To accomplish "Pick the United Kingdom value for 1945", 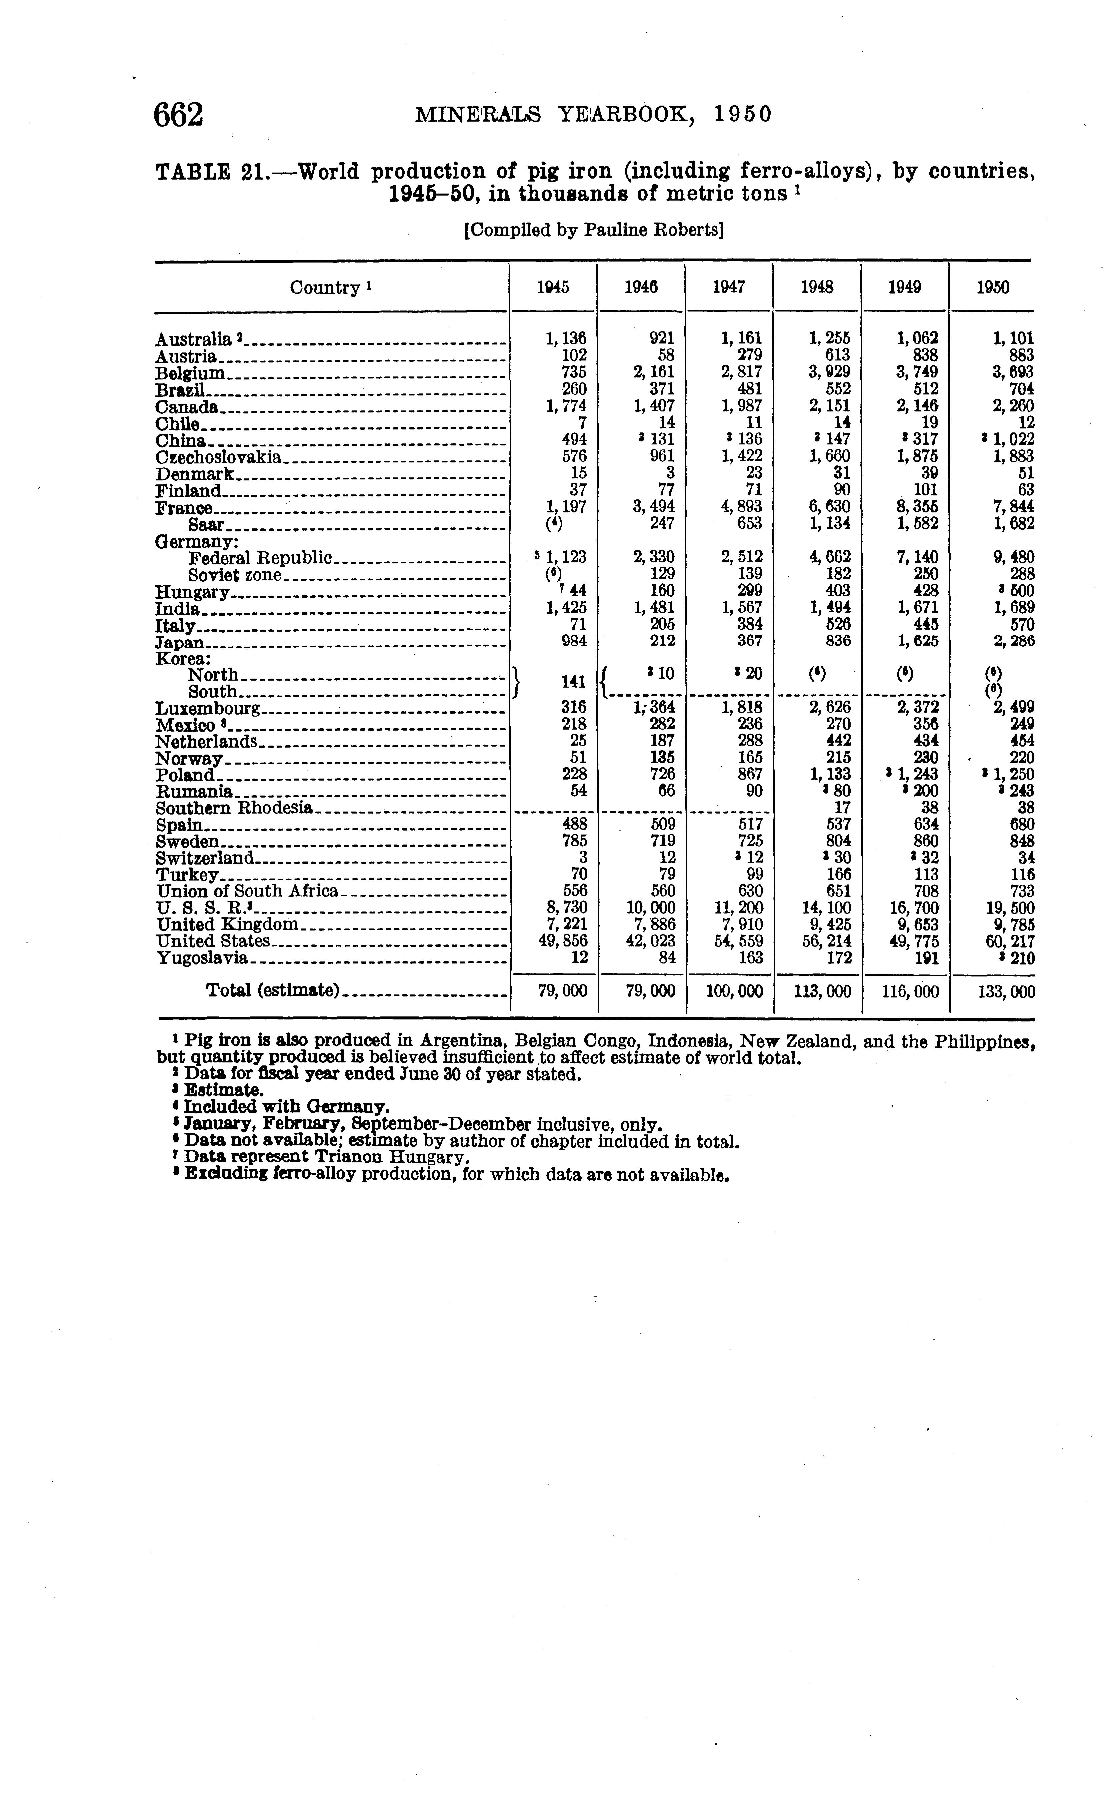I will click(566, 924).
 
